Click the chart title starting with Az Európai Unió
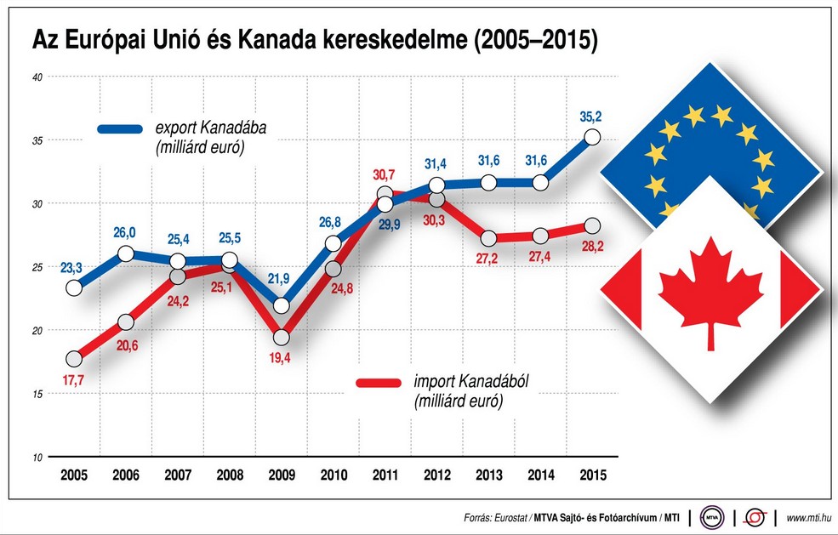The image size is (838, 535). click(314, 39)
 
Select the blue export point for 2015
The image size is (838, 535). click(592, 137)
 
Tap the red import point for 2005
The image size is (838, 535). click(74, 358)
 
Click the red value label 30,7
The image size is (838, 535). click(385, 174)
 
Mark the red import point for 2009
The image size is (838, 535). click(281, 337)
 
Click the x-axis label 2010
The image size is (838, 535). click(333, 475)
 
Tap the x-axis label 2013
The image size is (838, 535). click(488, 475)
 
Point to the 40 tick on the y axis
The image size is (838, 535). click(37, 77)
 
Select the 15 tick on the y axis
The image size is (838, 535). click(37, 394)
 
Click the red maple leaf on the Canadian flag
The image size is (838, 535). click(710, 289)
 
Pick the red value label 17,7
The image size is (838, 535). click(75, 383)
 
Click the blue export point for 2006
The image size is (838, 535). click(126, 253)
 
